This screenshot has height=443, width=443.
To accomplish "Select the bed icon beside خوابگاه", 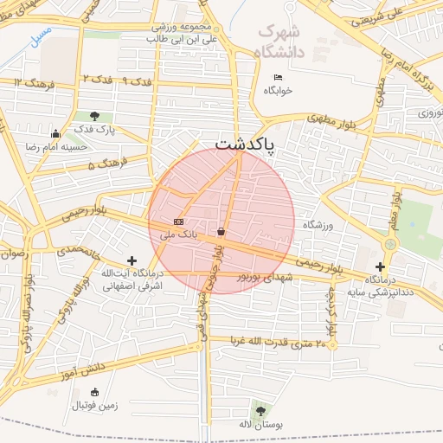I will (x=277, y=78).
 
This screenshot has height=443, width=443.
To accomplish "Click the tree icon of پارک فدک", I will (x=94, y=116).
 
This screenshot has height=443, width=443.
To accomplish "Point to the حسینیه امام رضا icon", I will (x=56, y=134).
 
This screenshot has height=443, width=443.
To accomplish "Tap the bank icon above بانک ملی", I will (x=178, y=221).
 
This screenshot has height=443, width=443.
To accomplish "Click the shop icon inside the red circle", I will (x=222, y=232).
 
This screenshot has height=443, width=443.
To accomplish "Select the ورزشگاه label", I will (x=318, y=225).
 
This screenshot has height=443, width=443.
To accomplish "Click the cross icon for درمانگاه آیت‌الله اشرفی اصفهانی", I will (x=132, y=260).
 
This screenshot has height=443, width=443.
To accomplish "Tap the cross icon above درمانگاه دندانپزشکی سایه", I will (x=381, y=266).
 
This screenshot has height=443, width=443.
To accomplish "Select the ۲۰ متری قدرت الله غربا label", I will (x=279, y=343).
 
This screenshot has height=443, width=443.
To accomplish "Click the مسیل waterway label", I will (x=39, y=38).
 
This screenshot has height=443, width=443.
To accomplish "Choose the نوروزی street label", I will (x=423, y=113).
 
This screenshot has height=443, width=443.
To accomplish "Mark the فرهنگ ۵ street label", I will (x=107, y=162).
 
